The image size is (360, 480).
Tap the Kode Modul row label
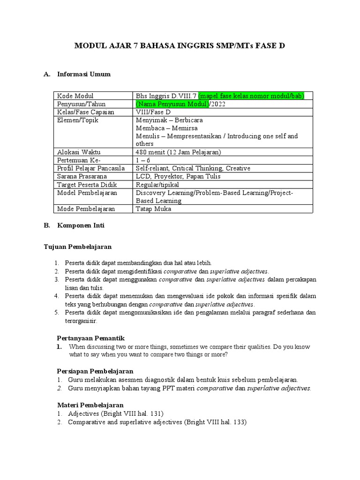[75, 96]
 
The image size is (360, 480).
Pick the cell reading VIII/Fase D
[153, 112]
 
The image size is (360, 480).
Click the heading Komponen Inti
[81, 225]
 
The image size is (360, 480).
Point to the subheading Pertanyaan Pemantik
[90, 338]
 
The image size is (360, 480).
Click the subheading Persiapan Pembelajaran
[95, 371]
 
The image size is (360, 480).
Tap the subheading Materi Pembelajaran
[90, 404]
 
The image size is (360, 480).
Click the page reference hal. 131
[148, 413]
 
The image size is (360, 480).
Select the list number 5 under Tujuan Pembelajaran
[55, 312]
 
